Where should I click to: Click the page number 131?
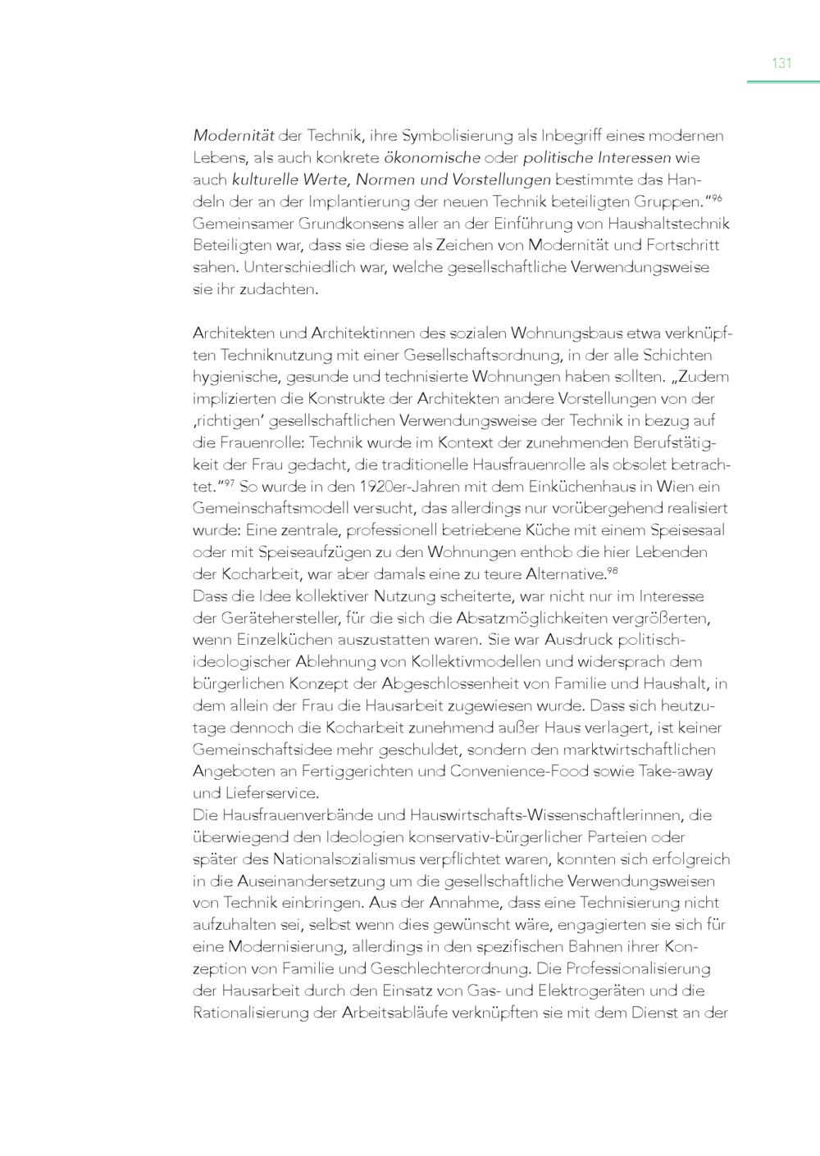point(781,63)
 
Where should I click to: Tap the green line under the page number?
point(783,82)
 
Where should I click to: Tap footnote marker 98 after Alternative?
point(612,570)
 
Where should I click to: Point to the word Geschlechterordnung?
point(417,968)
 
